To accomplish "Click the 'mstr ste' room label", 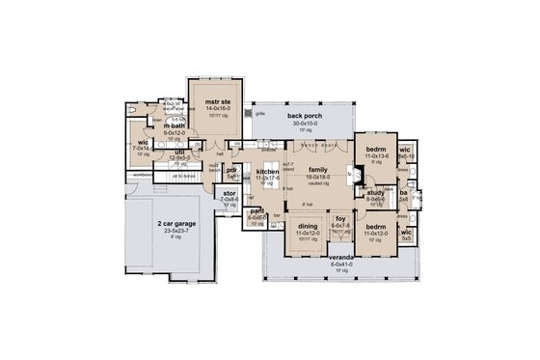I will [x=214, y=99].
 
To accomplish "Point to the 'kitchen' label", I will [x=267, y=171].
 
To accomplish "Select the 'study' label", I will [x=376, y=193].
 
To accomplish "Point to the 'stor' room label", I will [x=229, y=193].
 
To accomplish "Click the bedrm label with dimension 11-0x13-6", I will [x=376, y=151].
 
